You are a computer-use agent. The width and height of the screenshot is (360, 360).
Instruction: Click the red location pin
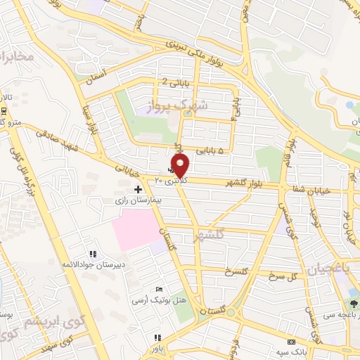click(x=181, y=166)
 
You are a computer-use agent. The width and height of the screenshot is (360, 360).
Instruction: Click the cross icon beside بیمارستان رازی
click(x=138, y=189)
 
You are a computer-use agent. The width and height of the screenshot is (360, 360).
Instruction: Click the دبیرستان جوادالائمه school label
click(x=92, y=264)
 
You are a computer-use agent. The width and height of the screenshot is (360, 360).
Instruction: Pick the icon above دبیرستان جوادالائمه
click(x=92, y=254)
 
